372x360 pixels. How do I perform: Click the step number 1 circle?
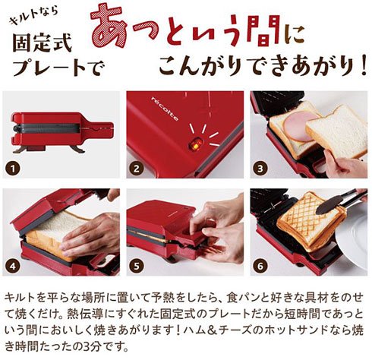coord(13,169)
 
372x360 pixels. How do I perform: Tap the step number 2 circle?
coord(137,169)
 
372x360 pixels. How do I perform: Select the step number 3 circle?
coord(260,169)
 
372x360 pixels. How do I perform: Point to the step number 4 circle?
coord(13,266)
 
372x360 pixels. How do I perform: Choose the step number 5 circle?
coord(137,266)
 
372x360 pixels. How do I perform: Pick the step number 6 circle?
coord(260,266)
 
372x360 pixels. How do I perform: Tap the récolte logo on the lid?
coord(165,109)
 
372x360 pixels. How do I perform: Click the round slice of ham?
coord(299,125)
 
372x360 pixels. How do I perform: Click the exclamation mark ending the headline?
coord(363,65)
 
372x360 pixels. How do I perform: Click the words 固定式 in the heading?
coord(43,43)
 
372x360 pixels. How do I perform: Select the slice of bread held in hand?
coord(336,131)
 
